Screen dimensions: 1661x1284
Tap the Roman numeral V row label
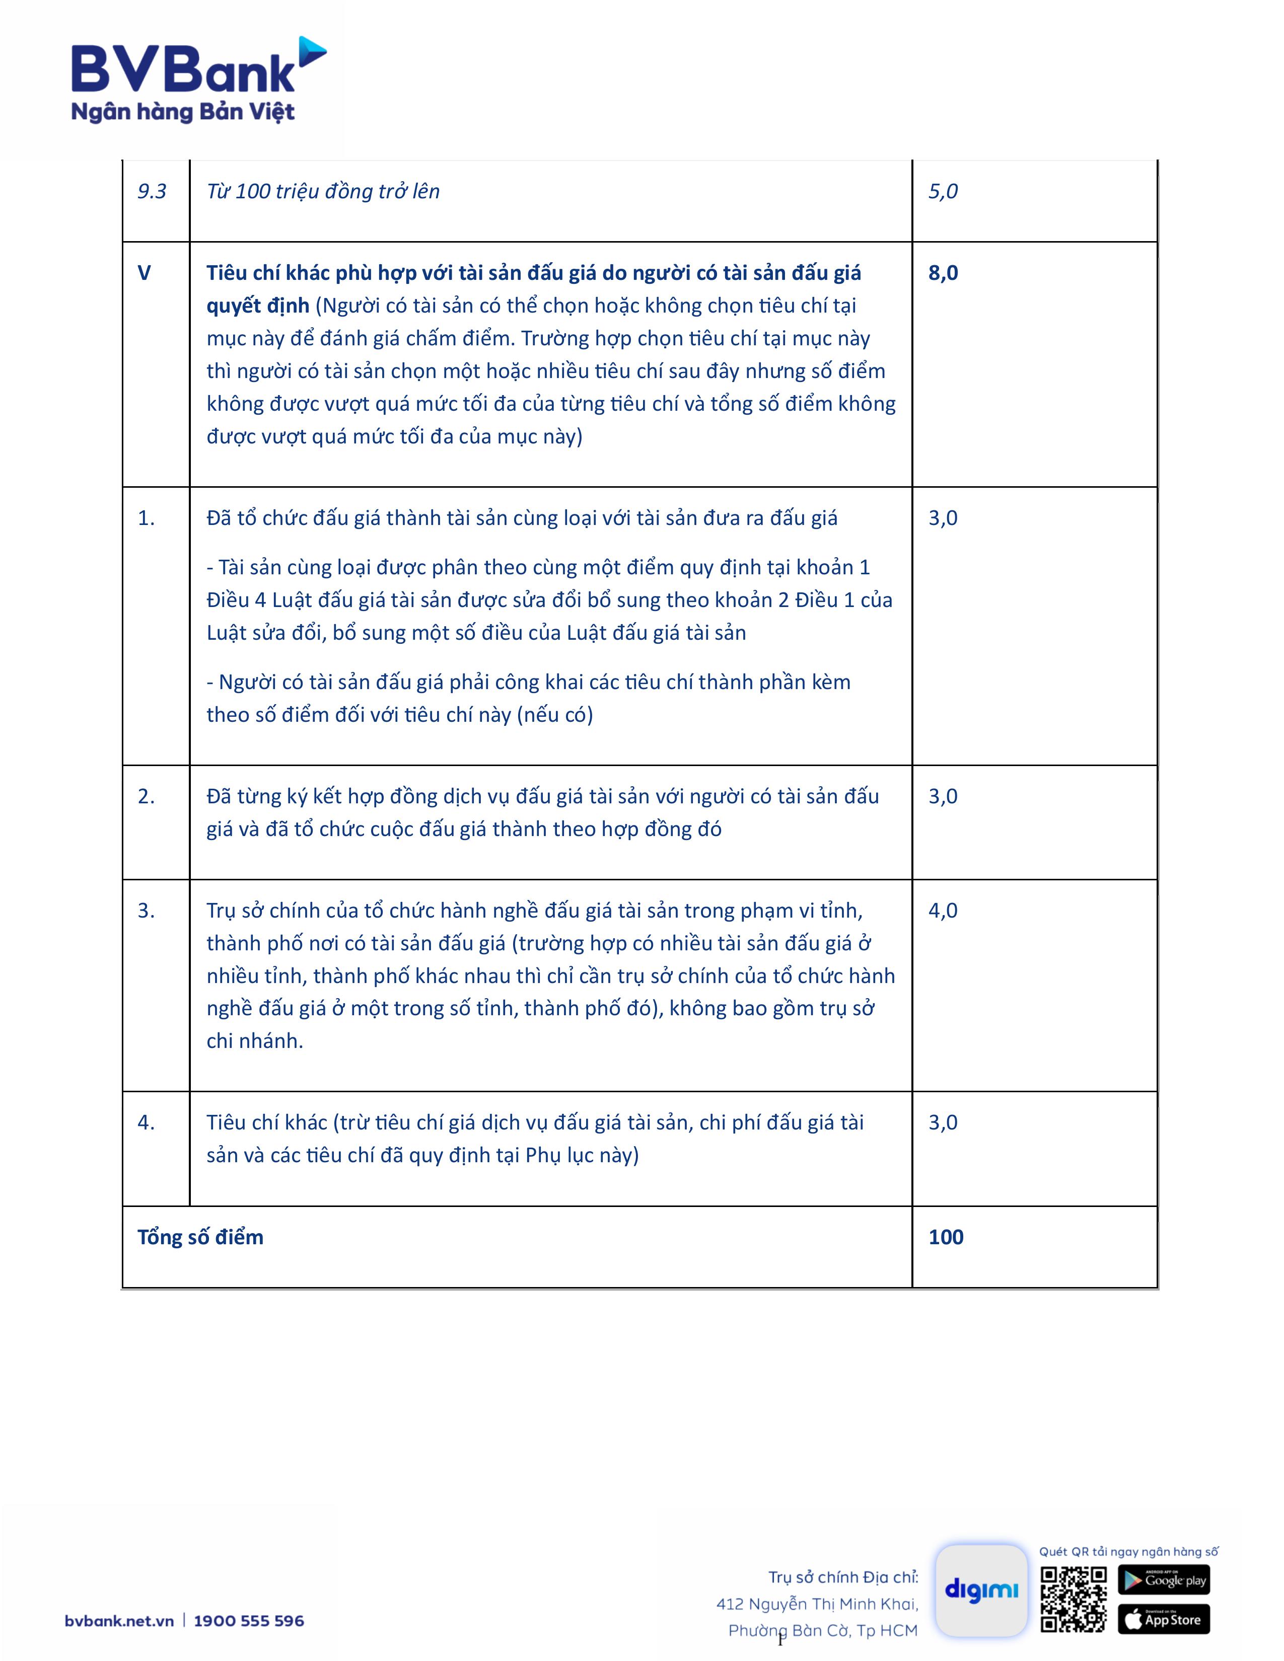[144, 273]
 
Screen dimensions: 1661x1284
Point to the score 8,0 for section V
[943, 273]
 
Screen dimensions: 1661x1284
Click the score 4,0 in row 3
[943, 911]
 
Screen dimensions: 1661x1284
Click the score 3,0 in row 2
[943, 796]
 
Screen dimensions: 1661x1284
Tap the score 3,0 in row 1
[943, 518]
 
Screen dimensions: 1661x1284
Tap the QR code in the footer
[1074, 1599]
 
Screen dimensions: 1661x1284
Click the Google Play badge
[1163, 1579]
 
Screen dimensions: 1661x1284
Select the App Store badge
[1163, 1619]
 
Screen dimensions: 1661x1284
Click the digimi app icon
[981, 1590]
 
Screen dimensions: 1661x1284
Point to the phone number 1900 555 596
[249, 1621]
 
